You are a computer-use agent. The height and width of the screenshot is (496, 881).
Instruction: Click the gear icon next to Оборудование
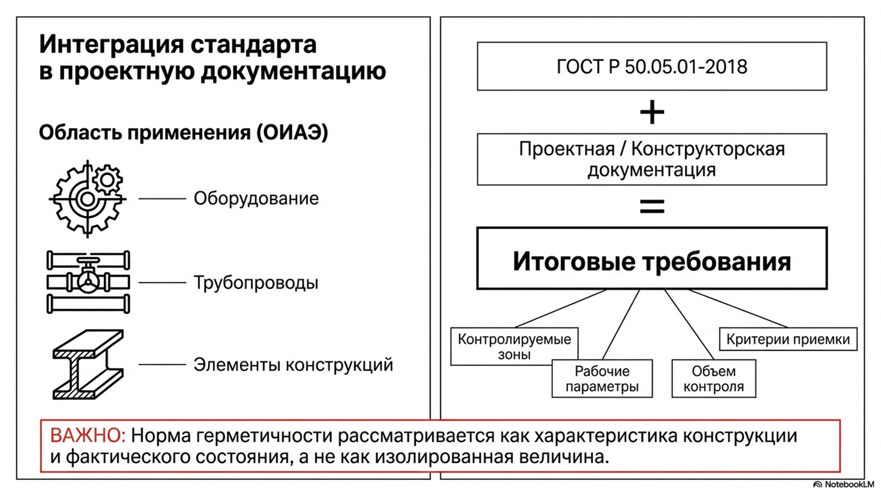pos(88,199)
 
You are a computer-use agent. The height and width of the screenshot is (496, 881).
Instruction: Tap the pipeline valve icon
pos(88,282)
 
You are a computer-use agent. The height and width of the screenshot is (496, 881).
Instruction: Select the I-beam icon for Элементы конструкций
pos(88,364)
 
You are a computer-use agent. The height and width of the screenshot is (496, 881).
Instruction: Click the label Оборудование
pos(256,198)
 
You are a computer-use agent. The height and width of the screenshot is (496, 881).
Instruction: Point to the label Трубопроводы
pos(255,283)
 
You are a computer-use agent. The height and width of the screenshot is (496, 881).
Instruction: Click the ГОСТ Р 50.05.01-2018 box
pos(652,67)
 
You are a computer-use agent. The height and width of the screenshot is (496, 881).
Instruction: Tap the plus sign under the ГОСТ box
pos(652,112)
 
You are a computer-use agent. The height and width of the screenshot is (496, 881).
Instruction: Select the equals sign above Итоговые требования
pos(652,206)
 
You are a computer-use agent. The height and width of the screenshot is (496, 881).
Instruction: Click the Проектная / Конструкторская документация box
pos(652,159)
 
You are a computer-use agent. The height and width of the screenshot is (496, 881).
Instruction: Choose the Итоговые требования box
pos(652,258)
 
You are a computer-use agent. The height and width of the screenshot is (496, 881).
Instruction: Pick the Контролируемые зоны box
pos(514,347)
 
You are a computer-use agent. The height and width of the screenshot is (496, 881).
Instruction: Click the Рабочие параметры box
pos(602,378)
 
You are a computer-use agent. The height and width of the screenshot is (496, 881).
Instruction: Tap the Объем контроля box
pos(714,378)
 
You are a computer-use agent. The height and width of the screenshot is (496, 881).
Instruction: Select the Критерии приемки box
pos(788,339)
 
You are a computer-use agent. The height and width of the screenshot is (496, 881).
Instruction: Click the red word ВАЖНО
pos(88,435)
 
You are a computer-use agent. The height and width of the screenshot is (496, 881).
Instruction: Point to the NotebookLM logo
pos(844,484)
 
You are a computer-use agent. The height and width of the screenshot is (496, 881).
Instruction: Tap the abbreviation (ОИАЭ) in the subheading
pos(292,132)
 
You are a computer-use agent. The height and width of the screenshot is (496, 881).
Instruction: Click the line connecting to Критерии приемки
pos(737,308)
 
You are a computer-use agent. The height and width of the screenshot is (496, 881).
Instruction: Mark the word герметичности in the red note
pos(264,436)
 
